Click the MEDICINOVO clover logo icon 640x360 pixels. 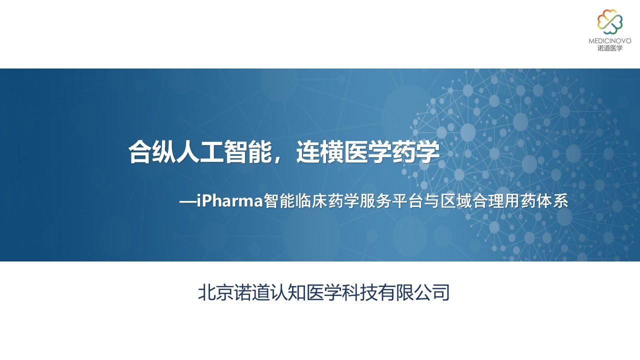point(609,21)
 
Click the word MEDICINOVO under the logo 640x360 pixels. point(609,41)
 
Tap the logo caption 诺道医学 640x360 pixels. point(609,48)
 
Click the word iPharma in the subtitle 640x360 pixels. point(230,201)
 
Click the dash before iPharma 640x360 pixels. point(187,202)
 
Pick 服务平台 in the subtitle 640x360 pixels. point(391,201)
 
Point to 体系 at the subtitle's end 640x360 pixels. point(551,201)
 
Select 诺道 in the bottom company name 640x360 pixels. point(251,292)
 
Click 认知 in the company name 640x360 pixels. point(287,292)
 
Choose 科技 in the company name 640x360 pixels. point(359,292)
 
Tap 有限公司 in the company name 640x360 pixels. point(413,292)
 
